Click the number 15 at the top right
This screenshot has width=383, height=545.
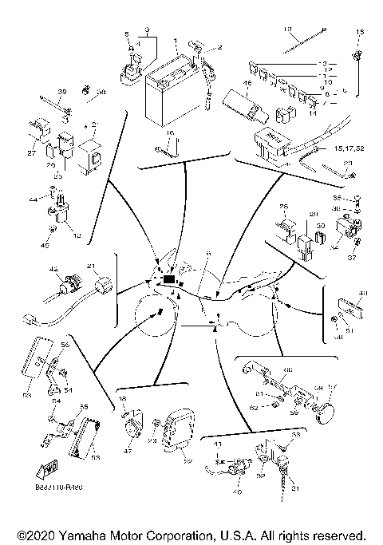tap(359, 30)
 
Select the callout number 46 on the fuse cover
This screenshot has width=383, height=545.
tap(247, 84)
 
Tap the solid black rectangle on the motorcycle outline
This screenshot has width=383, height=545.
tap(169, 279)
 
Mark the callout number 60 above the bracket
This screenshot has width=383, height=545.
tap(288, 369)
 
